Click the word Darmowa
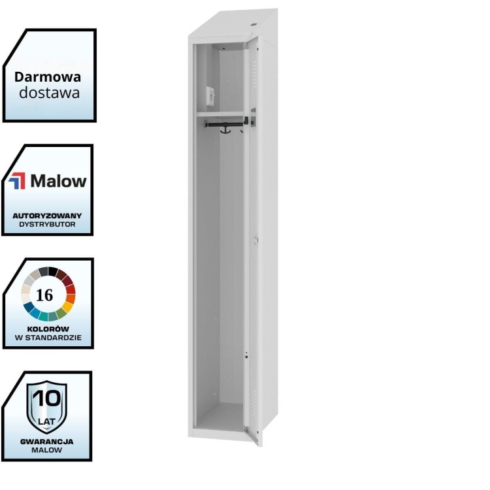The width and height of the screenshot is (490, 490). (x=48, y=76)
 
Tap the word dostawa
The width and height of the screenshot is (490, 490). (x=49, y=92)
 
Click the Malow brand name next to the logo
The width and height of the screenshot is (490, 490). (x=58, y=181)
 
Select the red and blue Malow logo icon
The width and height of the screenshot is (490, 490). (x=18, y=181)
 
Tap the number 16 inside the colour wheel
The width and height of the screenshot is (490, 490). (x=45, y=295)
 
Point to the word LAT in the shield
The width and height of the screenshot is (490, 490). (x=46, y=412)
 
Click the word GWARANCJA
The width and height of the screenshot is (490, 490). (x=46, y=442)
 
